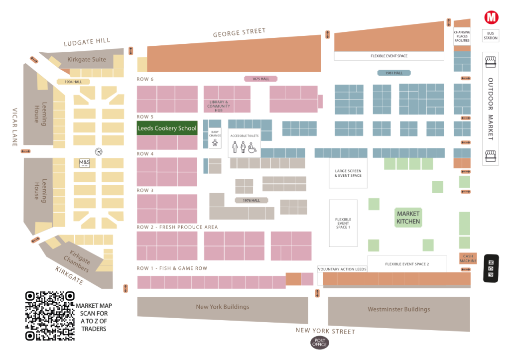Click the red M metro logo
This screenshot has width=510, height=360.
[x=491, y=17]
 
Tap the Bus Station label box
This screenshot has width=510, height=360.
[x=491, y=36]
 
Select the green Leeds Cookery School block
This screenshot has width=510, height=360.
[x=167, y=128]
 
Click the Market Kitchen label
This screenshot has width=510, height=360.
[x=408, y=218]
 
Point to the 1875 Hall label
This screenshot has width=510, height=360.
[x=260, y=79]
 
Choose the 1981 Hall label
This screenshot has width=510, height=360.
[x=394, y=73]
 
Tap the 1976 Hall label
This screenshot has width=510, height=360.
[x=251, y=200]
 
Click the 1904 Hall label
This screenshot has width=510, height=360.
[x=73, y=82]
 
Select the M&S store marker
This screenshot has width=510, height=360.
[x=84, y=163]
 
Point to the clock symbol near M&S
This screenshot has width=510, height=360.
[x=99, y=151]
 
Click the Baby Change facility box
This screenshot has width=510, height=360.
[x=215, y=138]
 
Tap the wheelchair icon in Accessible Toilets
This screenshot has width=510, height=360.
[x=252, y=147]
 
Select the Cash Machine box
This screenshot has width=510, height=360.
[x=468, y=258]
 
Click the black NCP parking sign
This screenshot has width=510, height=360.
[x=491, y=269]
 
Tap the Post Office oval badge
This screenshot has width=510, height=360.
[x=319, y=343]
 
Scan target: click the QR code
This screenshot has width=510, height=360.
[x=50, y=316]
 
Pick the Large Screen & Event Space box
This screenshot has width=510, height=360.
[x=348, y=173]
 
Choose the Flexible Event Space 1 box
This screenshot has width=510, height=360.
[x=343, y=223]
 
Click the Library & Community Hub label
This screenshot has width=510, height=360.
[x=219, y=106]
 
